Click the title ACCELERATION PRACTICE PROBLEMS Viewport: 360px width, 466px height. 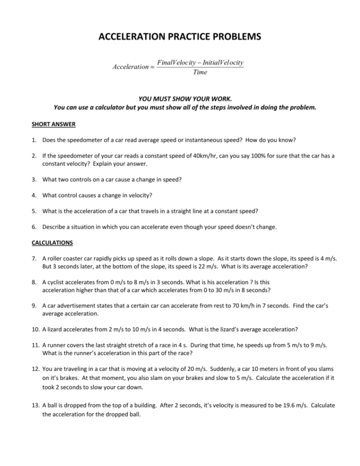(x=180, y=37)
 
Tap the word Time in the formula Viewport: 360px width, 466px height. (x=200, y=73)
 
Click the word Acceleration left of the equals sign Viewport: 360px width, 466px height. (x=130, y=67)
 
